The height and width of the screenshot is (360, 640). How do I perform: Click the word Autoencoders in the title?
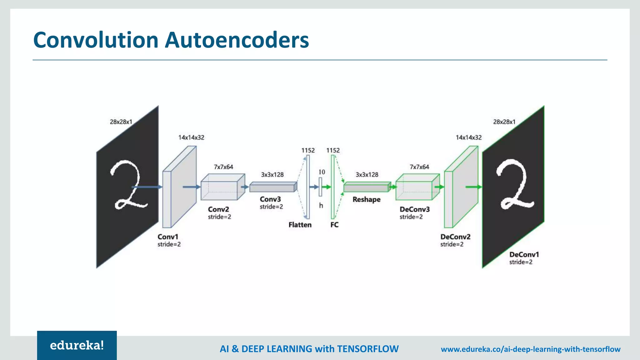(x=237, y=40)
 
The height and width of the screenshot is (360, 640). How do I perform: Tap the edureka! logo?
(x=77, y=345)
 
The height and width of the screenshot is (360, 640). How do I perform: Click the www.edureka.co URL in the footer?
(x=530, y=349)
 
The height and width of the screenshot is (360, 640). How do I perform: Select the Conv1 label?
(x=168, y=237)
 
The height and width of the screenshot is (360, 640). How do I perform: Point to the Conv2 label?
(x=218, y=209)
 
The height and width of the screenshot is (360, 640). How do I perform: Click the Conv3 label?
(x=270, y=199)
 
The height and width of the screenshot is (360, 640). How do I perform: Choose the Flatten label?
(x=300, y=225)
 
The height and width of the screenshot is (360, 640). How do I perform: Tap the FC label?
(x=334, y=225)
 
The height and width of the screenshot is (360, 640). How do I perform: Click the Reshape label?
(x=367, y=199)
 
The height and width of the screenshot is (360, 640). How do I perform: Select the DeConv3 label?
(x=414, y=209)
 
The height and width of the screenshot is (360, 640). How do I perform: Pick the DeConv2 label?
(x=455, y=237)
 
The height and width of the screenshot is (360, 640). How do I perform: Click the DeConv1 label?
(x=524, y=255)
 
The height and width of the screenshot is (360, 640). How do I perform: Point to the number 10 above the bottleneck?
(x=322, y=172)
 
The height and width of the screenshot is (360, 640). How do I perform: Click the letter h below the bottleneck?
(x=321, y=206)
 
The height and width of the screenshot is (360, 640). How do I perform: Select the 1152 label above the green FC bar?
(x=333, y=150)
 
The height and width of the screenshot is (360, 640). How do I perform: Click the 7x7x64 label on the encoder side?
(x=223, y=167)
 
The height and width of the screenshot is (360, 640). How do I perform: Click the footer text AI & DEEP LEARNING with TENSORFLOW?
(x=309, y=349)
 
